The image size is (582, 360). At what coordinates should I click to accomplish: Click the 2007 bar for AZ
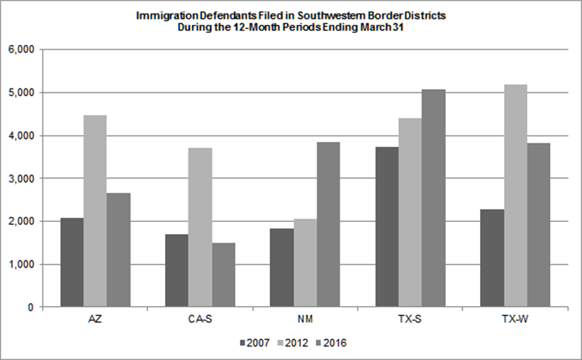click(x=72, y=262)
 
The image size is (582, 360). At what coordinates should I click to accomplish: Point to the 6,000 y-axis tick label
click(x=22, y=50)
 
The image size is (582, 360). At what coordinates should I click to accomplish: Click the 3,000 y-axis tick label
click(x=22, y=178)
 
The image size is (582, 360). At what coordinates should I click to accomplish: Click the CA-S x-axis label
click(x=199, y=320)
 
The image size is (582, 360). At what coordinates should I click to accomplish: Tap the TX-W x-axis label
click(x=514, y=320)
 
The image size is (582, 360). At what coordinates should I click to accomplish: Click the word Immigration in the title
click(x=160, y=15)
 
